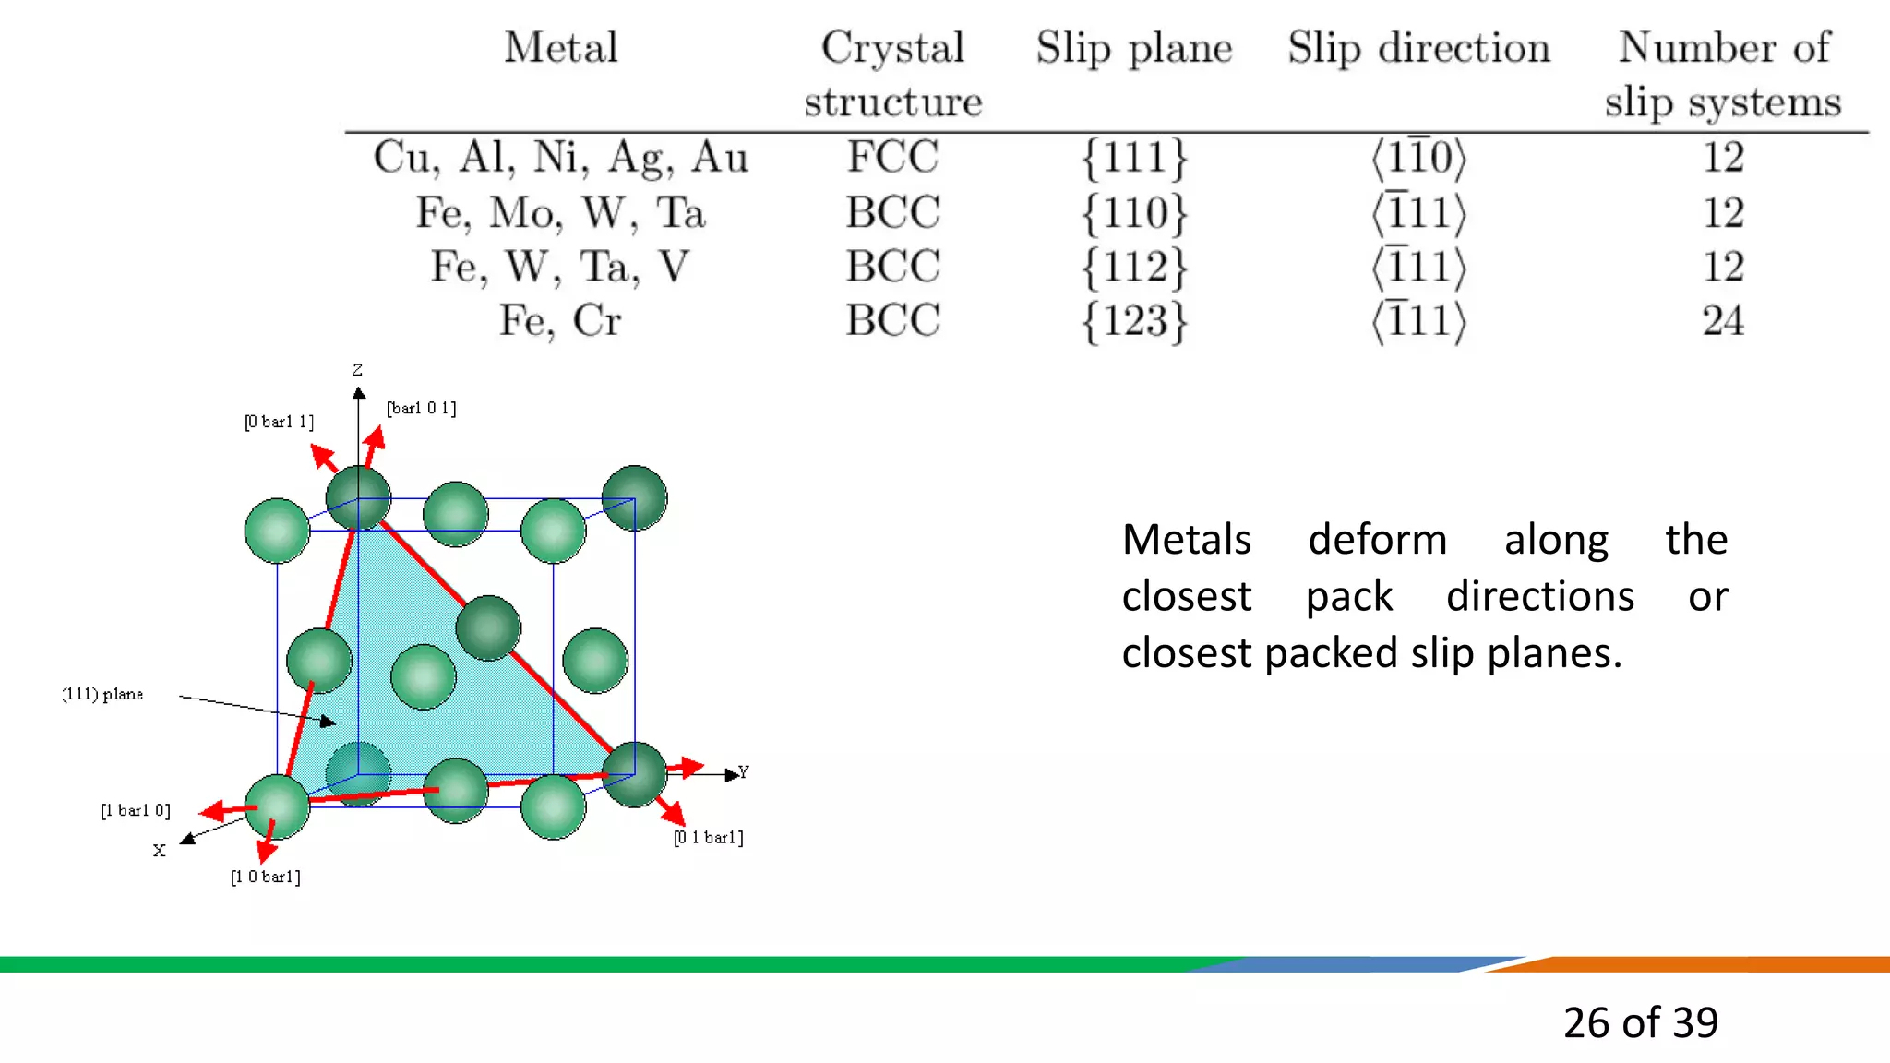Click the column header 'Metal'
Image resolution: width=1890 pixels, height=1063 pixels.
560,47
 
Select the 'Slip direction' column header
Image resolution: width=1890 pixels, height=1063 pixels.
1418,47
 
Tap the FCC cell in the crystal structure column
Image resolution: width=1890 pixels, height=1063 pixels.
892,157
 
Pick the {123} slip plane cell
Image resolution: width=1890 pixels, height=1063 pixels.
1134,321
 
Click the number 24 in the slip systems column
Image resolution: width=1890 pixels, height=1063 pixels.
1722,321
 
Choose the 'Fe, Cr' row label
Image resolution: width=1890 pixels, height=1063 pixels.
560,321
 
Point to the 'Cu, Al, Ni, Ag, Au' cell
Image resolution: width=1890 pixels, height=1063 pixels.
560,157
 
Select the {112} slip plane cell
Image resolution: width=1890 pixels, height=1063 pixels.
1134,267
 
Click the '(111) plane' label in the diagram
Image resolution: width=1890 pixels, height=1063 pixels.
103,694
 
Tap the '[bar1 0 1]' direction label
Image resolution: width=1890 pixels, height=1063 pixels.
421,408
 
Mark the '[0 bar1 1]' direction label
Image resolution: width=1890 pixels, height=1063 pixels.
279,422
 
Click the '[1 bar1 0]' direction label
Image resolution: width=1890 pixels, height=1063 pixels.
136,810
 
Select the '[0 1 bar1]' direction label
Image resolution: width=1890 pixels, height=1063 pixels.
708,837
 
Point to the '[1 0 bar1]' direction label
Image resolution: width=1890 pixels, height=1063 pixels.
265,877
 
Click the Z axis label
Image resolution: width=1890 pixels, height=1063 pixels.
357,370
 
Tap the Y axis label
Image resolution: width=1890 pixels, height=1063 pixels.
743,771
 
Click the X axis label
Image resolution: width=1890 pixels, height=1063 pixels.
159,851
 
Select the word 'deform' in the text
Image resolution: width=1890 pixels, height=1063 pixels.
1377,539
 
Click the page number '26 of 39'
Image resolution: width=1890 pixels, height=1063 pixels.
1640,1022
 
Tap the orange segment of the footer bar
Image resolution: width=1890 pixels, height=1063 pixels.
1707,964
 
